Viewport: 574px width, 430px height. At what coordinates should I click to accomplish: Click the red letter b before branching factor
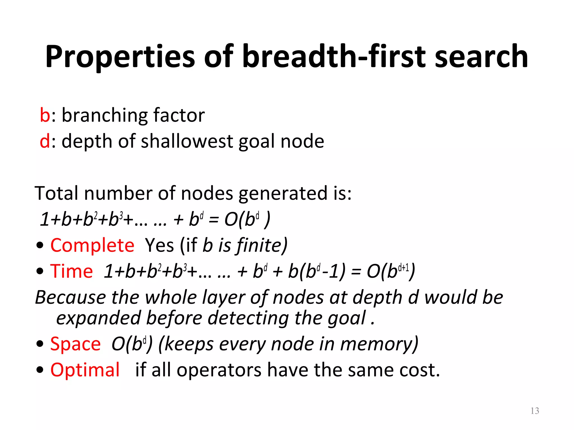coord(45,115)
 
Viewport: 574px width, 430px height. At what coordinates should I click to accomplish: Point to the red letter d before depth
coord(45,141)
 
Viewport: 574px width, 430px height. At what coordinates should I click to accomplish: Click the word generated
coord(283,194)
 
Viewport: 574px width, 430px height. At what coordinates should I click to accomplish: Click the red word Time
coord(71,271)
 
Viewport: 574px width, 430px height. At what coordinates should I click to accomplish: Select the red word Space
coord(75,344)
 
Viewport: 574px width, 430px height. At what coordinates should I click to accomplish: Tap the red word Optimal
coord(85,370)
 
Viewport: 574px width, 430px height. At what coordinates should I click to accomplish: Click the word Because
coord(70,297)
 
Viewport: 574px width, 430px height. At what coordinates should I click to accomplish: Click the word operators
coord(219,370)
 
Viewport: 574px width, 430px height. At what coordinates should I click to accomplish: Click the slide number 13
coord(535,411)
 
